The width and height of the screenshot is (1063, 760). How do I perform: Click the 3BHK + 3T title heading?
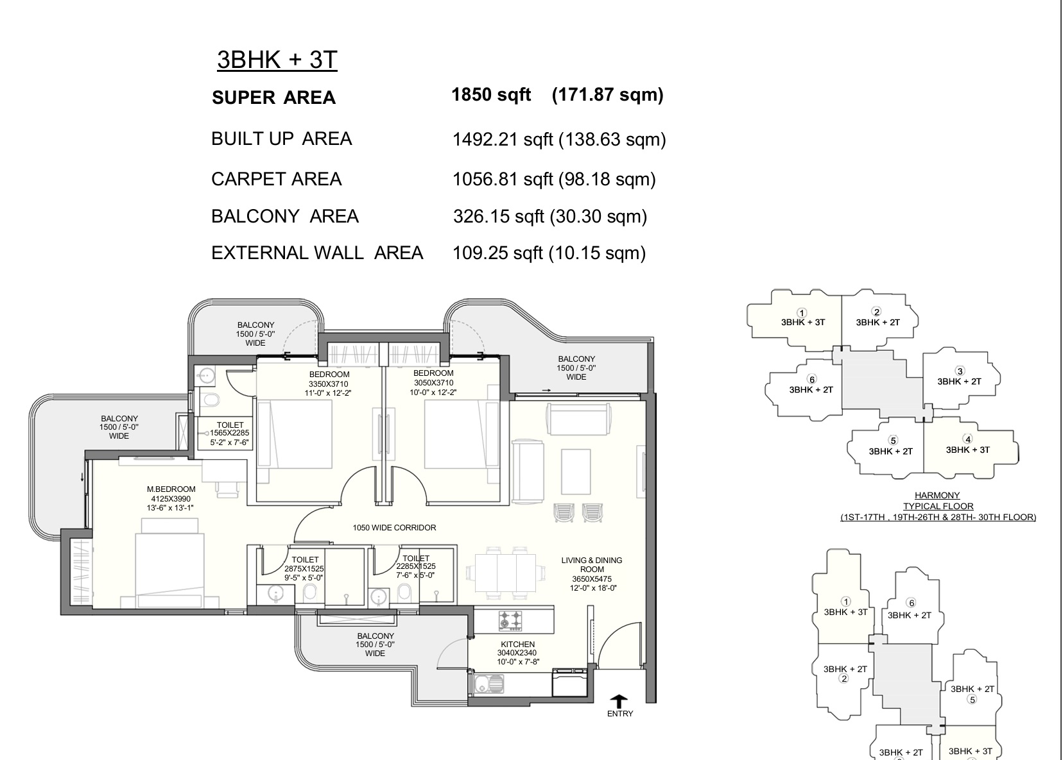click(277, 60)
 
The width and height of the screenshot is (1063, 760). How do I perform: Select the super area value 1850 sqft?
click(490, 95)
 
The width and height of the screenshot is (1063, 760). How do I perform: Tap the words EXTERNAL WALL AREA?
click(317, 253)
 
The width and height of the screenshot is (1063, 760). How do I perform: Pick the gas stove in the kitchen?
click(510, 620)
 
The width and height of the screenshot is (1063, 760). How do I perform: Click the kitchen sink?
click(488, 683)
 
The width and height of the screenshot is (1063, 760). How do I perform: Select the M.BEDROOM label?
click(171, 489)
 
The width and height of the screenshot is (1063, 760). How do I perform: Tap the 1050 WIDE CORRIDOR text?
click(394, 527)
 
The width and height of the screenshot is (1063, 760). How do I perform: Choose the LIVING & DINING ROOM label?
click(592, 564)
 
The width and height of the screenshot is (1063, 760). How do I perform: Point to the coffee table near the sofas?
click(576, 472)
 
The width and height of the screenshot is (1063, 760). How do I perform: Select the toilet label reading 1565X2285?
click(230, 433)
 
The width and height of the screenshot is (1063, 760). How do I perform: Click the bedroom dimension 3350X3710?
click(329, 384)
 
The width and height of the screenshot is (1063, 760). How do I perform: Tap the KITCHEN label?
click(518, 645)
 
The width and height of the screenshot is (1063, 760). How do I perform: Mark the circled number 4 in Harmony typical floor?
click(967, 439)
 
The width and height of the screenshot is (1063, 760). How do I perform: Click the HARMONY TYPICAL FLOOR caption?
click(938, 501)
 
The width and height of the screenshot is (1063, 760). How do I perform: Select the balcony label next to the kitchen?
click(376, 645)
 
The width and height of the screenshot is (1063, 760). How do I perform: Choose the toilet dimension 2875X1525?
click(304, 569)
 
